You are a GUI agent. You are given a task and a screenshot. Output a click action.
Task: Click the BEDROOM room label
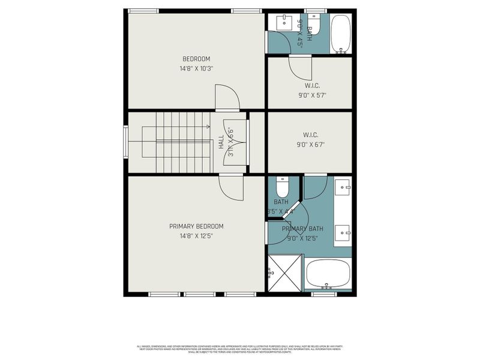pos(196,59)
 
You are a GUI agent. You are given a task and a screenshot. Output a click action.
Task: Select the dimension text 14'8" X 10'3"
pos(196,68)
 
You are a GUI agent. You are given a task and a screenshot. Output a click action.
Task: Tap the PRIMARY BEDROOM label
pos(196,226)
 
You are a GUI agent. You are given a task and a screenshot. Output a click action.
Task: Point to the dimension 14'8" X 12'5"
pos(196,236)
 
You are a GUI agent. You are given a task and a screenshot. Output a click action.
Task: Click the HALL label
pos(221,142)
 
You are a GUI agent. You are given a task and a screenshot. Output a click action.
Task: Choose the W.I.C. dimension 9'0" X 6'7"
pos(310,144)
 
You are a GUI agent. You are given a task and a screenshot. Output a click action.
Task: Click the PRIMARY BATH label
pos(303,229)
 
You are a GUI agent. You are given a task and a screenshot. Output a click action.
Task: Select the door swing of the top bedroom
pos(227,97)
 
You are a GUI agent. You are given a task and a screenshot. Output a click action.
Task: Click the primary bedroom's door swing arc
pos(231,188)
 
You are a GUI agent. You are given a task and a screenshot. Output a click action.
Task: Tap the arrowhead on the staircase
pos(208,127)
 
